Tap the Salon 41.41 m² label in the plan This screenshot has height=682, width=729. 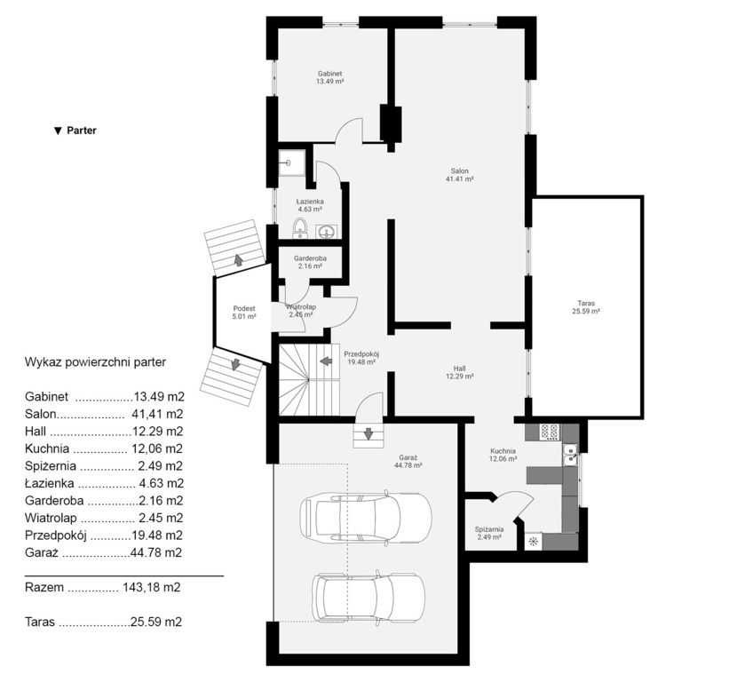[460, 175]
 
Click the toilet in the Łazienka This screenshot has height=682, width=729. [300, 228]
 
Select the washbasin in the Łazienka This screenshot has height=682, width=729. [328, 231]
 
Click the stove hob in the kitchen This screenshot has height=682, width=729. [550, 432]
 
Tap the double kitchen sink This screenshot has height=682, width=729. [570, 454]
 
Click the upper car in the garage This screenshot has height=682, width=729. [366, 517]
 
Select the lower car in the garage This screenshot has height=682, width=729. [368, 598]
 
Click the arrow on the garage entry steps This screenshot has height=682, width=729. [368, 433]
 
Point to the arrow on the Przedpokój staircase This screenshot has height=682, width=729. [327, 361]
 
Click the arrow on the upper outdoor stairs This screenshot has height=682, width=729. [239, 260]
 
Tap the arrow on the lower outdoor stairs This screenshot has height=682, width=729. [236, 364]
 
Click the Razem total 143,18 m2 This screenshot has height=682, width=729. [103, 587]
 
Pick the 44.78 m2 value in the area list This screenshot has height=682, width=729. [155, 552]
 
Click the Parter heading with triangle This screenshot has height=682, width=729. [75, 131]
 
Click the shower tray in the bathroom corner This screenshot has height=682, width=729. [292, 163]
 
